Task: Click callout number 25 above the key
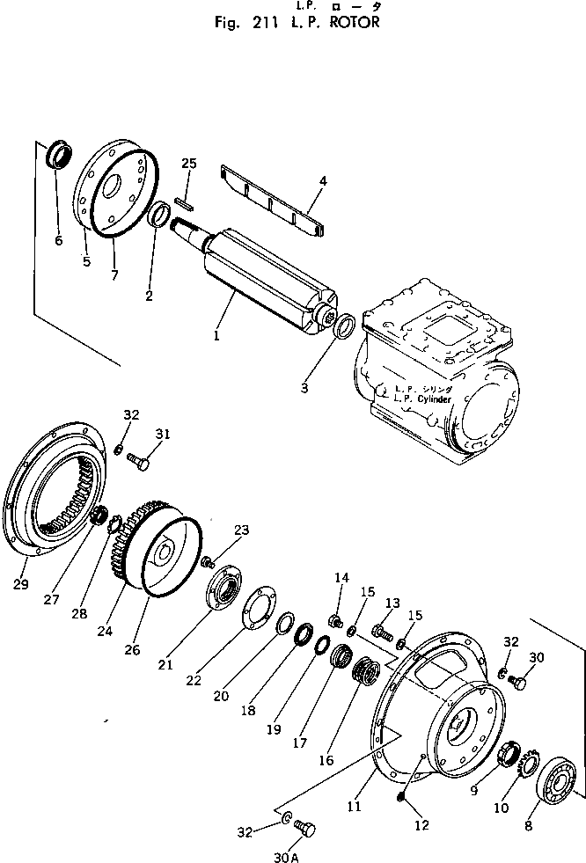coord(188,164)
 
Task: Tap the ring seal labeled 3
coord(346,327)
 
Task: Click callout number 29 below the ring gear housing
coord(22,585)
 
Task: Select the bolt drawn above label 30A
coord(304,828)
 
